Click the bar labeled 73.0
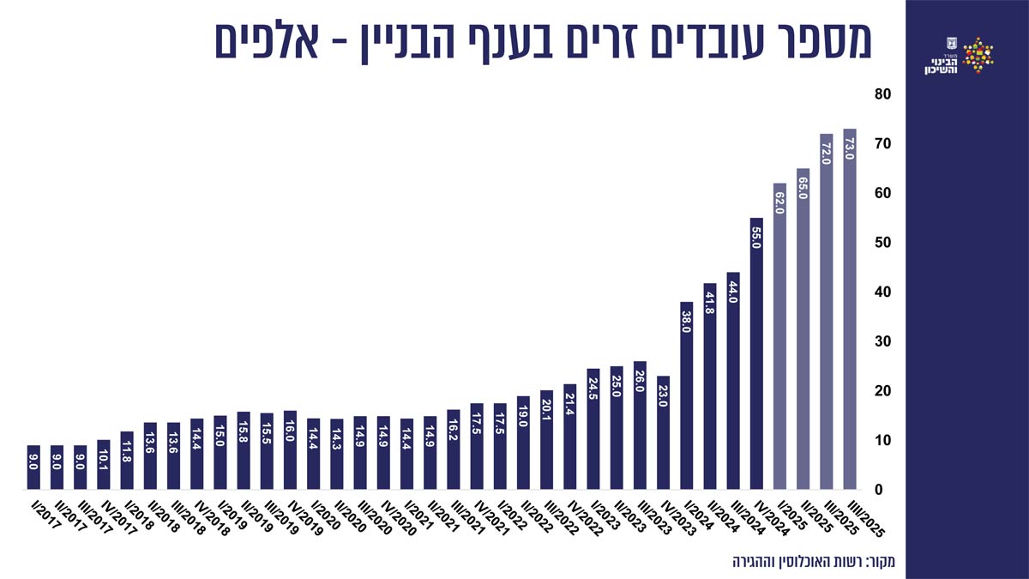click(850, 309)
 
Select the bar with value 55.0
click(756, 353)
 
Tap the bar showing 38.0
click(687, 395)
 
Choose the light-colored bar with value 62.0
click(779, 336)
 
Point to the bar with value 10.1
click(104, 464)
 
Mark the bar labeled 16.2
click(454, 449)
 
